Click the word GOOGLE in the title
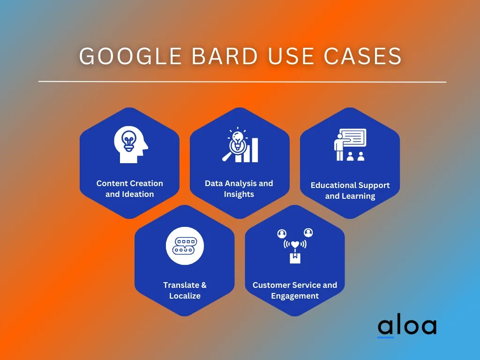[x=131, y=56]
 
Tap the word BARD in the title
[x=225, y=56]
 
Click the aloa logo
[x=407, y=326]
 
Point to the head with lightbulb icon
[x=131, y=144]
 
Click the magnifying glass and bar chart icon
[x=240, y=144]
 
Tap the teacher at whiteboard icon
[x=350, y=145]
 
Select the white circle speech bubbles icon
[x=185, y=246]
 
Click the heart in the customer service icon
[x=295, y=245]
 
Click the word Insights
[x=239, y=194]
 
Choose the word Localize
[x=185, y=296]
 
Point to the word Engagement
[x=295, y=296]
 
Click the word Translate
[x=181, y=285]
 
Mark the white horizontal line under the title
[x=242, y=82]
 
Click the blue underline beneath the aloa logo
[x=385, y=337]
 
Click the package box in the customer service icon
[x=295, y=258]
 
